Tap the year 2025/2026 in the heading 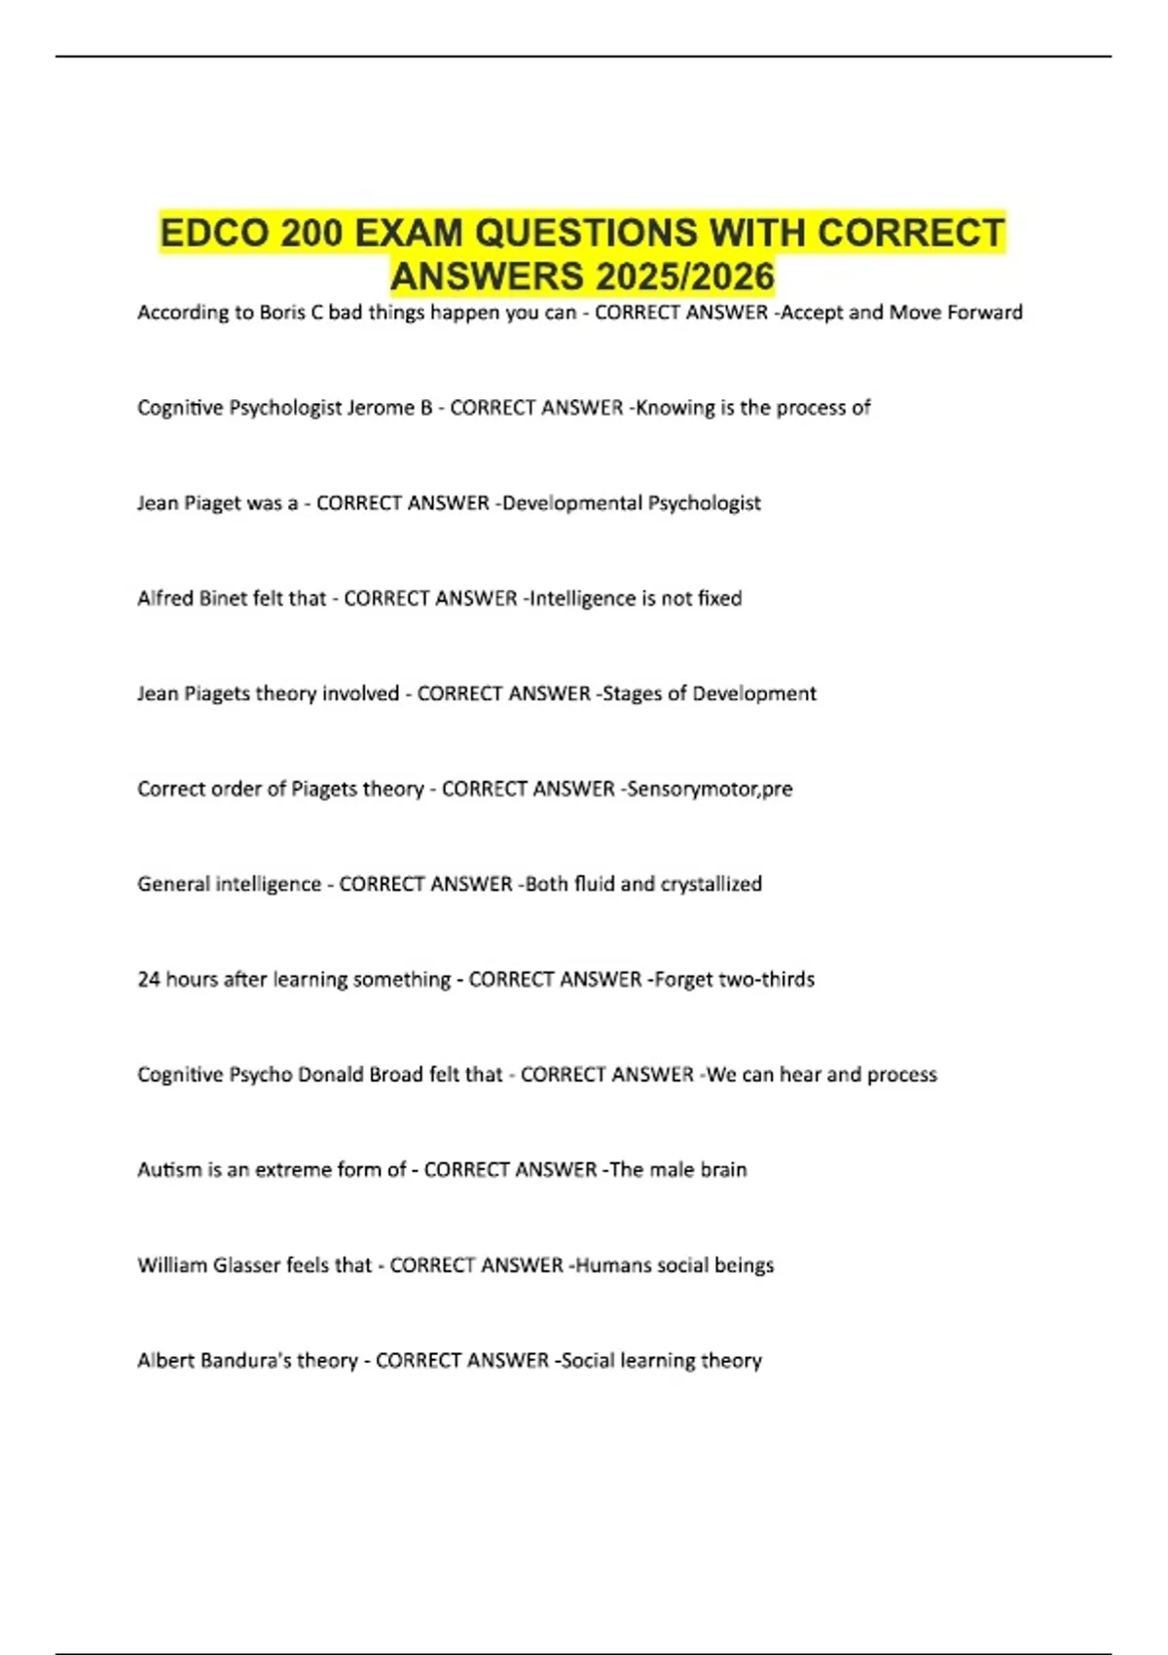click(x=686, y=277)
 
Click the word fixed click(x=720, y=599)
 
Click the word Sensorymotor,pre click(x=710, y=790)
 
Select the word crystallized click(x=711, y=885)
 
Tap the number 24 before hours click(x=148, y=979)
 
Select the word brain click(x=722, y=1170)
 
